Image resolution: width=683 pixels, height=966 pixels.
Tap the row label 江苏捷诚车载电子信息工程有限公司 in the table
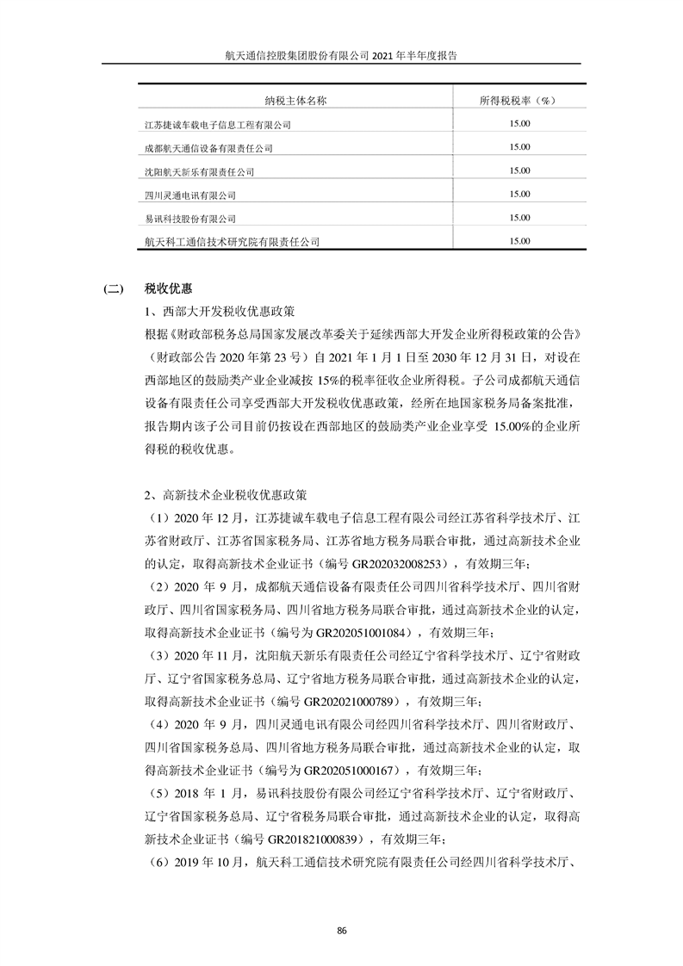coord(219,125)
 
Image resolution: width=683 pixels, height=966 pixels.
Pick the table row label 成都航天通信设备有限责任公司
coord(209,148)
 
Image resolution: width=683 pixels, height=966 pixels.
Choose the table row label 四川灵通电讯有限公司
coord(190,195)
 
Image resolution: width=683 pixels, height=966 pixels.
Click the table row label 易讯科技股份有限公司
coord(190,218)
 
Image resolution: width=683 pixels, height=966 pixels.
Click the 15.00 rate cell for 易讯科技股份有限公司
coord(519,218)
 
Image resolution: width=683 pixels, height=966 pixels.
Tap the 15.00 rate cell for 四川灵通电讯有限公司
coord(519,195)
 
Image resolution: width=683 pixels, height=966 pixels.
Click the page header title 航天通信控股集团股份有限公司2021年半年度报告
coord(341,53)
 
